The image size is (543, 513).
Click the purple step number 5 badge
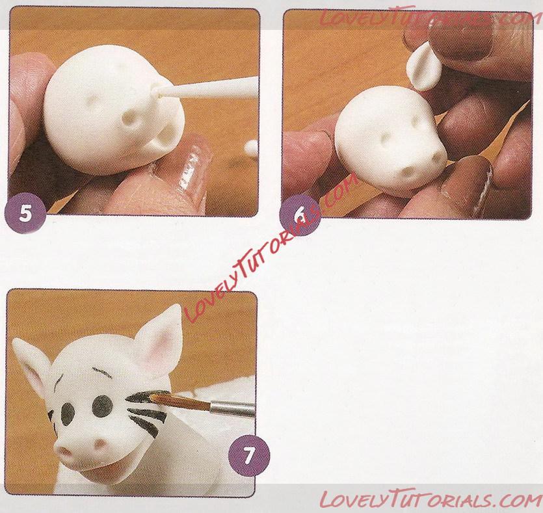(25, 213)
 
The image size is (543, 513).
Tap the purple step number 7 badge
(249, 456)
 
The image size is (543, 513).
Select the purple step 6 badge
(300, 215)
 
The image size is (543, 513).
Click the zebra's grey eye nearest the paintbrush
(103, 406)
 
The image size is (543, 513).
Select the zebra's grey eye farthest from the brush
(68, 414)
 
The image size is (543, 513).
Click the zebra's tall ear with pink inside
(159, 339)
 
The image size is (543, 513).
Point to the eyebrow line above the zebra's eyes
(101, 372)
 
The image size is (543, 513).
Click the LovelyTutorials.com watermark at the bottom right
(430, 499)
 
